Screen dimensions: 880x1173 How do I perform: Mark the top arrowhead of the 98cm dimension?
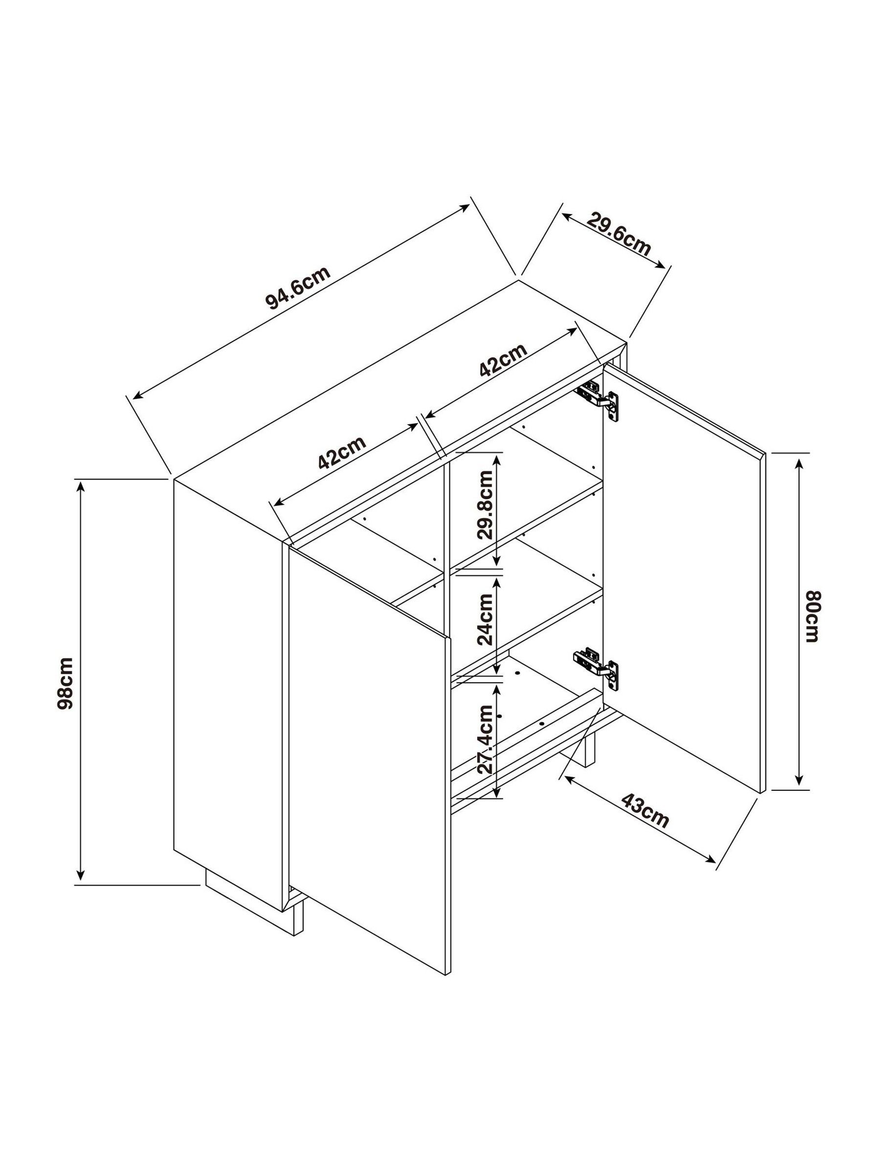(80, 484)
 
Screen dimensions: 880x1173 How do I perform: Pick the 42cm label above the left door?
(342, 452)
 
